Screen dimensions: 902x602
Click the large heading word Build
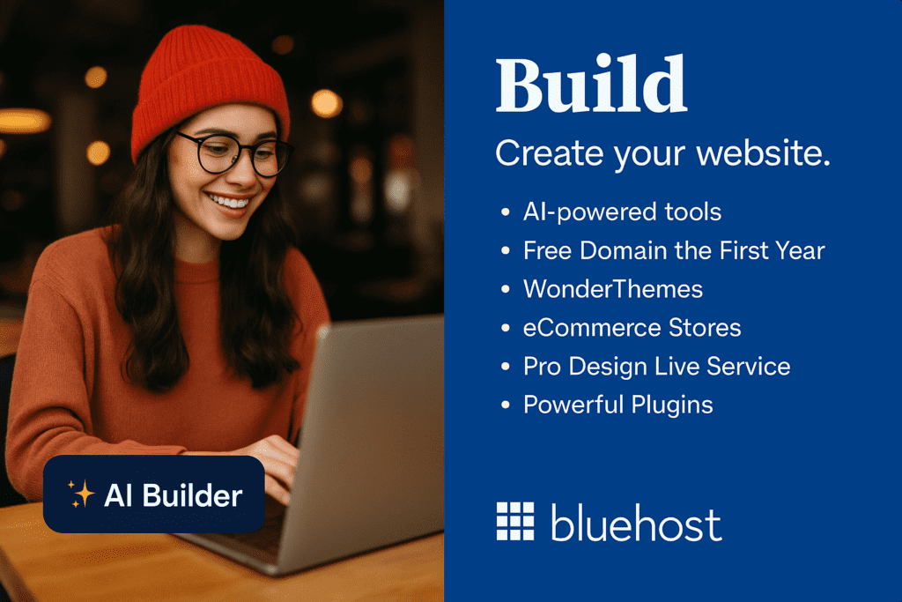coord(591,84)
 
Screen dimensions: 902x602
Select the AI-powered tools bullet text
coord(622,212)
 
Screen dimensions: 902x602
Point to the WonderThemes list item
coord(613,289)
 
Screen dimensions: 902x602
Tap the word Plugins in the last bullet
coord(672,405)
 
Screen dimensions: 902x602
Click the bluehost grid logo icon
coord(514,521)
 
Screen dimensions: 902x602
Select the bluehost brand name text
coord(636,523)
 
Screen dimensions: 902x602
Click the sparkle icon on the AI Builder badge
coord(81,494)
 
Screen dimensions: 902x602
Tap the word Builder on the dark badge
coord(192,495)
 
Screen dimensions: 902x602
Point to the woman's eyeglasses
coord(234,154)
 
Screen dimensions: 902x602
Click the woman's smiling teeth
coord(229,202)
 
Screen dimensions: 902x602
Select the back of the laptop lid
coord(368,437)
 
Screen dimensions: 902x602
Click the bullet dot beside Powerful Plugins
coord(505,405)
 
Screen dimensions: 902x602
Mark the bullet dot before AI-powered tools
coord(505,212)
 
